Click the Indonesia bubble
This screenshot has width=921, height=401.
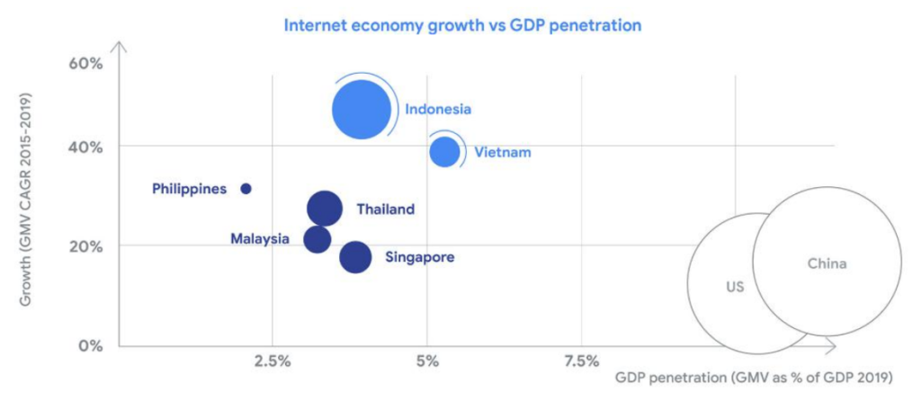[362, 110]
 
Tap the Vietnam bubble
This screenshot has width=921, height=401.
[444, 151]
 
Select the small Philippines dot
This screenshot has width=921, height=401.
[246, 189]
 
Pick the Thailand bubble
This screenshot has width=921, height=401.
[324, 209]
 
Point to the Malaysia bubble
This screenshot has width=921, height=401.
[317, 239]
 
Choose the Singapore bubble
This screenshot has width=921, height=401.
[355, 257]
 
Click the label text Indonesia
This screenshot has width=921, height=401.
[438, 109]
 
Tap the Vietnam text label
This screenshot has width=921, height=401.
[503, 153]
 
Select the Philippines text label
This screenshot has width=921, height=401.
[190, 189]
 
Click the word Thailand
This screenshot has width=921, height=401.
[386, 209]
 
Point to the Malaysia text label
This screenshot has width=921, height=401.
[260, 239]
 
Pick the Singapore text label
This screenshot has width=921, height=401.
[420, 257]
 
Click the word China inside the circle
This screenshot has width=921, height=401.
[827, 264]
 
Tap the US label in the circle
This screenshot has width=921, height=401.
[736, 287]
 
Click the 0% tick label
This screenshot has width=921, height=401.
[91, 344]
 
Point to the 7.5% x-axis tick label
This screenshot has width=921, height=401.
[581, 361]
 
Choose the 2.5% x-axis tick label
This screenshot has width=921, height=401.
[273, 361]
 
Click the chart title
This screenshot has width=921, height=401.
[462, 26]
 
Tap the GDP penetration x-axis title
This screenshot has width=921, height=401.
[755, 377]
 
